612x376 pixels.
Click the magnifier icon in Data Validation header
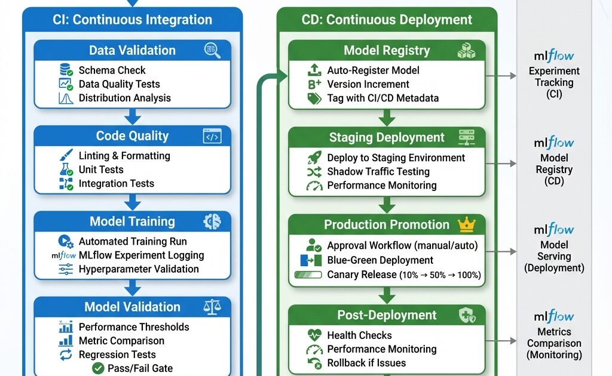tap(212, 50)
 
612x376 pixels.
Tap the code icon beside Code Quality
tap(212, 136)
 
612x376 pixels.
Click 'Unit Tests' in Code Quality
tap(101, 169)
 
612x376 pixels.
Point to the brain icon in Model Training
tap(212, 221)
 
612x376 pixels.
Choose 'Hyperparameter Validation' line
tap(139, 269)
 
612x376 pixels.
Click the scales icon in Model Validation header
tap(212, 307)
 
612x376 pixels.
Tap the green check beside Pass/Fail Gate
tap(98, 368)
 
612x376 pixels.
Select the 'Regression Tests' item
tap(117, 355)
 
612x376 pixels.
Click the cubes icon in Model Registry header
tap(466, 51)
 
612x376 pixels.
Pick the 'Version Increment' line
tap(368, 84)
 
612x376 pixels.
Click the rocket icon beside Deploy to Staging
tap(314, 158)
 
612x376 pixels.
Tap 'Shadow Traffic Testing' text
tap(378, 171)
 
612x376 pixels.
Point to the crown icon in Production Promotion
tap(466, 224)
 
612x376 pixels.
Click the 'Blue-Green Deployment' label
tap(380, 260)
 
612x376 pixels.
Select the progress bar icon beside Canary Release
tap(308, 275)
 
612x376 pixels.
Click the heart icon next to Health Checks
tap(314, 335)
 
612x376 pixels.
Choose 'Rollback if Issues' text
tap(366, 363)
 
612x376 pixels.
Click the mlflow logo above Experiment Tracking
tap(553, 57)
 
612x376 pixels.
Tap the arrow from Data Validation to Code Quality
tap(133, 116)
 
